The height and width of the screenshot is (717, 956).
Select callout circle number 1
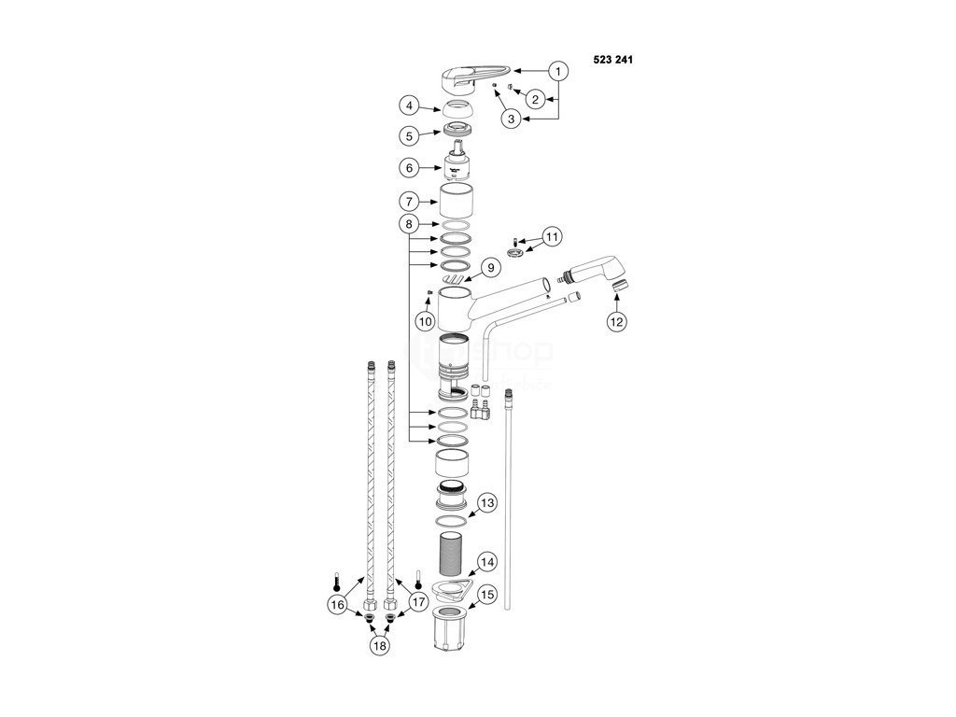pos(557,70)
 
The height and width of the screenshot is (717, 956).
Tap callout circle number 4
pos(409,106)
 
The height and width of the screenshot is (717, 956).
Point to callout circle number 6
pos(409,169)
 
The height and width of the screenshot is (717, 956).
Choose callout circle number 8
pos(409,224)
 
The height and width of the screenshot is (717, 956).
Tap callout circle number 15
pos(486,593)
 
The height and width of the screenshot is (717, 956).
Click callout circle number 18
pos(379,644)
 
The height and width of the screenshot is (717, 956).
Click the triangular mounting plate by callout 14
pos(451,586)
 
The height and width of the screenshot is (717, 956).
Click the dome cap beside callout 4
pos(457,108)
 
